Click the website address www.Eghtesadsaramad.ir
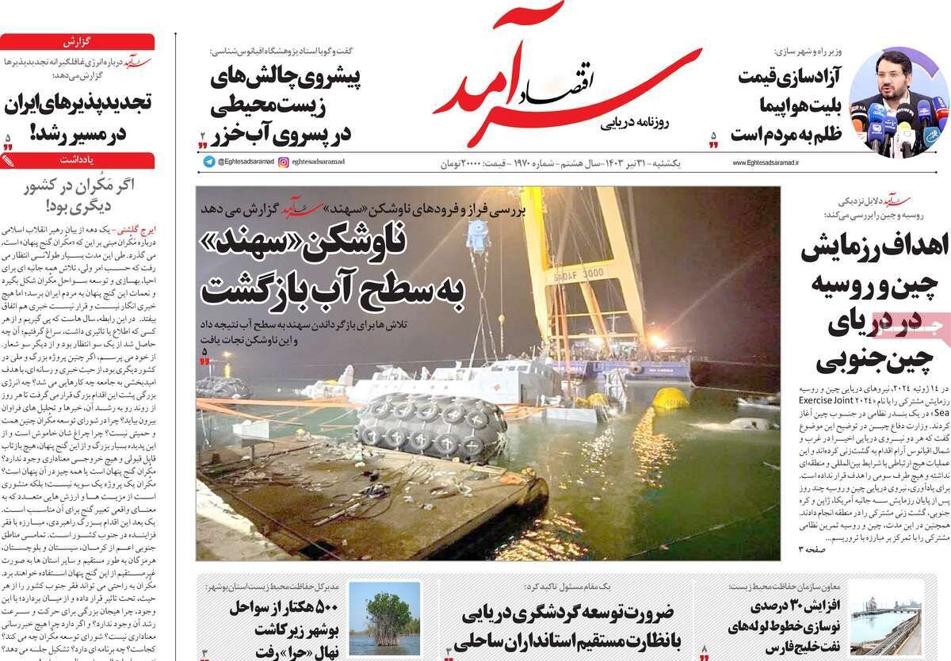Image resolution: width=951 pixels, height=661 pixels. [x=762, y=162]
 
